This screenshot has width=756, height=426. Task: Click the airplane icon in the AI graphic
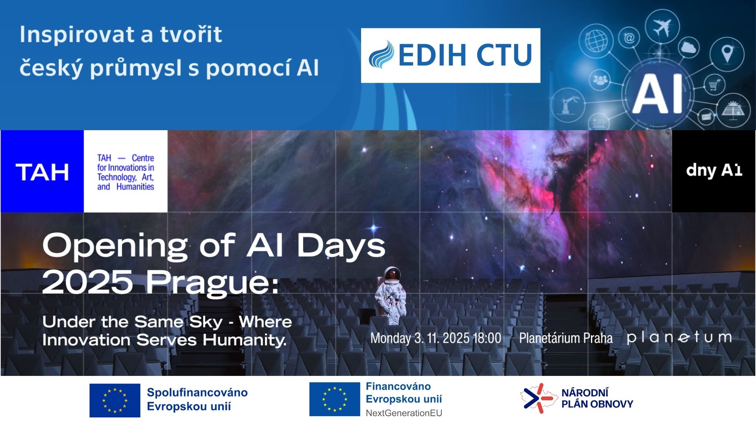click(662, 27)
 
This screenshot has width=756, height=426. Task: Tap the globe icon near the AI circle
click(596, 40)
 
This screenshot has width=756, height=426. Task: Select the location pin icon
click(727, 54)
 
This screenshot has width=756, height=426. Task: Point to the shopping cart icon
click(714, 84)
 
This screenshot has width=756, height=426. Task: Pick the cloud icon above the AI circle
click(689, 48)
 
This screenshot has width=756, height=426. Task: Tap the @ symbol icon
click(629, 38)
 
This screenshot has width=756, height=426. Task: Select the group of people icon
click(600, 80)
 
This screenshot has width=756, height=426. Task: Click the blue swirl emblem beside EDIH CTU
click(382, 55)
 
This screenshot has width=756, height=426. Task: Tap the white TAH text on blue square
click(42, 172)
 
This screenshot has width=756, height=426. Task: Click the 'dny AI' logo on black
click(714, 170)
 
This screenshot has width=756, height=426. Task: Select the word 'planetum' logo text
click(679, 338)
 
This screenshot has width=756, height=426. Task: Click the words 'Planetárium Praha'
click(566, 338)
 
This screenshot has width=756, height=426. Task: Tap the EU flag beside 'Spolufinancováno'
click(115, 400)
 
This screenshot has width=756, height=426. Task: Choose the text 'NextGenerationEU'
click(404, 413)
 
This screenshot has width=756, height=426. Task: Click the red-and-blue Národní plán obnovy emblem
click(538, 398)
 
